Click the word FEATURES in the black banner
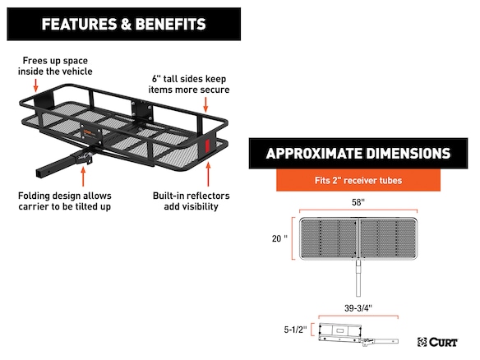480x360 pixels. point(79,24)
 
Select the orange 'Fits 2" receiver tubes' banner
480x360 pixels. point(358,180)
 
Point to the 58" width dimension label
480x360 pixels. point(358,202)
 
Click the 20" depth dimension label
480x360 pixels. point(279,238)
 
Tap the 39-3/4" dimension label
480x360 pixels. point(358,308)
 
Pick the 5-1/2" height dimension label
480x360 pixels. point(295,330)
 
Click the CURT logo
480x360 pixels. point(437,342)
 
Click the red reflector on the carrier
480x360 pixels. point(207,145)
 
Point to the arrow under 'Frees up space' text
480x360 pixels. point(36,85)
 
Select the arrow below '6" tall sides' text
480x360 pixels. point(205,104)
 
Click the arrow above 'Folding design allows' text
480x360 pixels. point(83,177)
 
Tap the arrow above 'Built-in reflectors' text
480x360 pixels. point(208,174)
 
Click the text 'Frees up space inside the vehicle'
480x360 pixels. point(55,66)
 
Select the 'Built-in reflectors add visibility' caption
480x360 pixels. point(191,201)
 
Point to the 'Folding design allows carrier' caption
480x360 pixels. point(65,201)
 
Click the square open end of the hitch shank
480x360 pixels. point(40,173)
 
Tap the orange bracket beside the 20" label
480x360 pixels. point(293,238)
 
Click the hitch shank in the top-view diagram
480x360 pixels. point(358,279)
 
